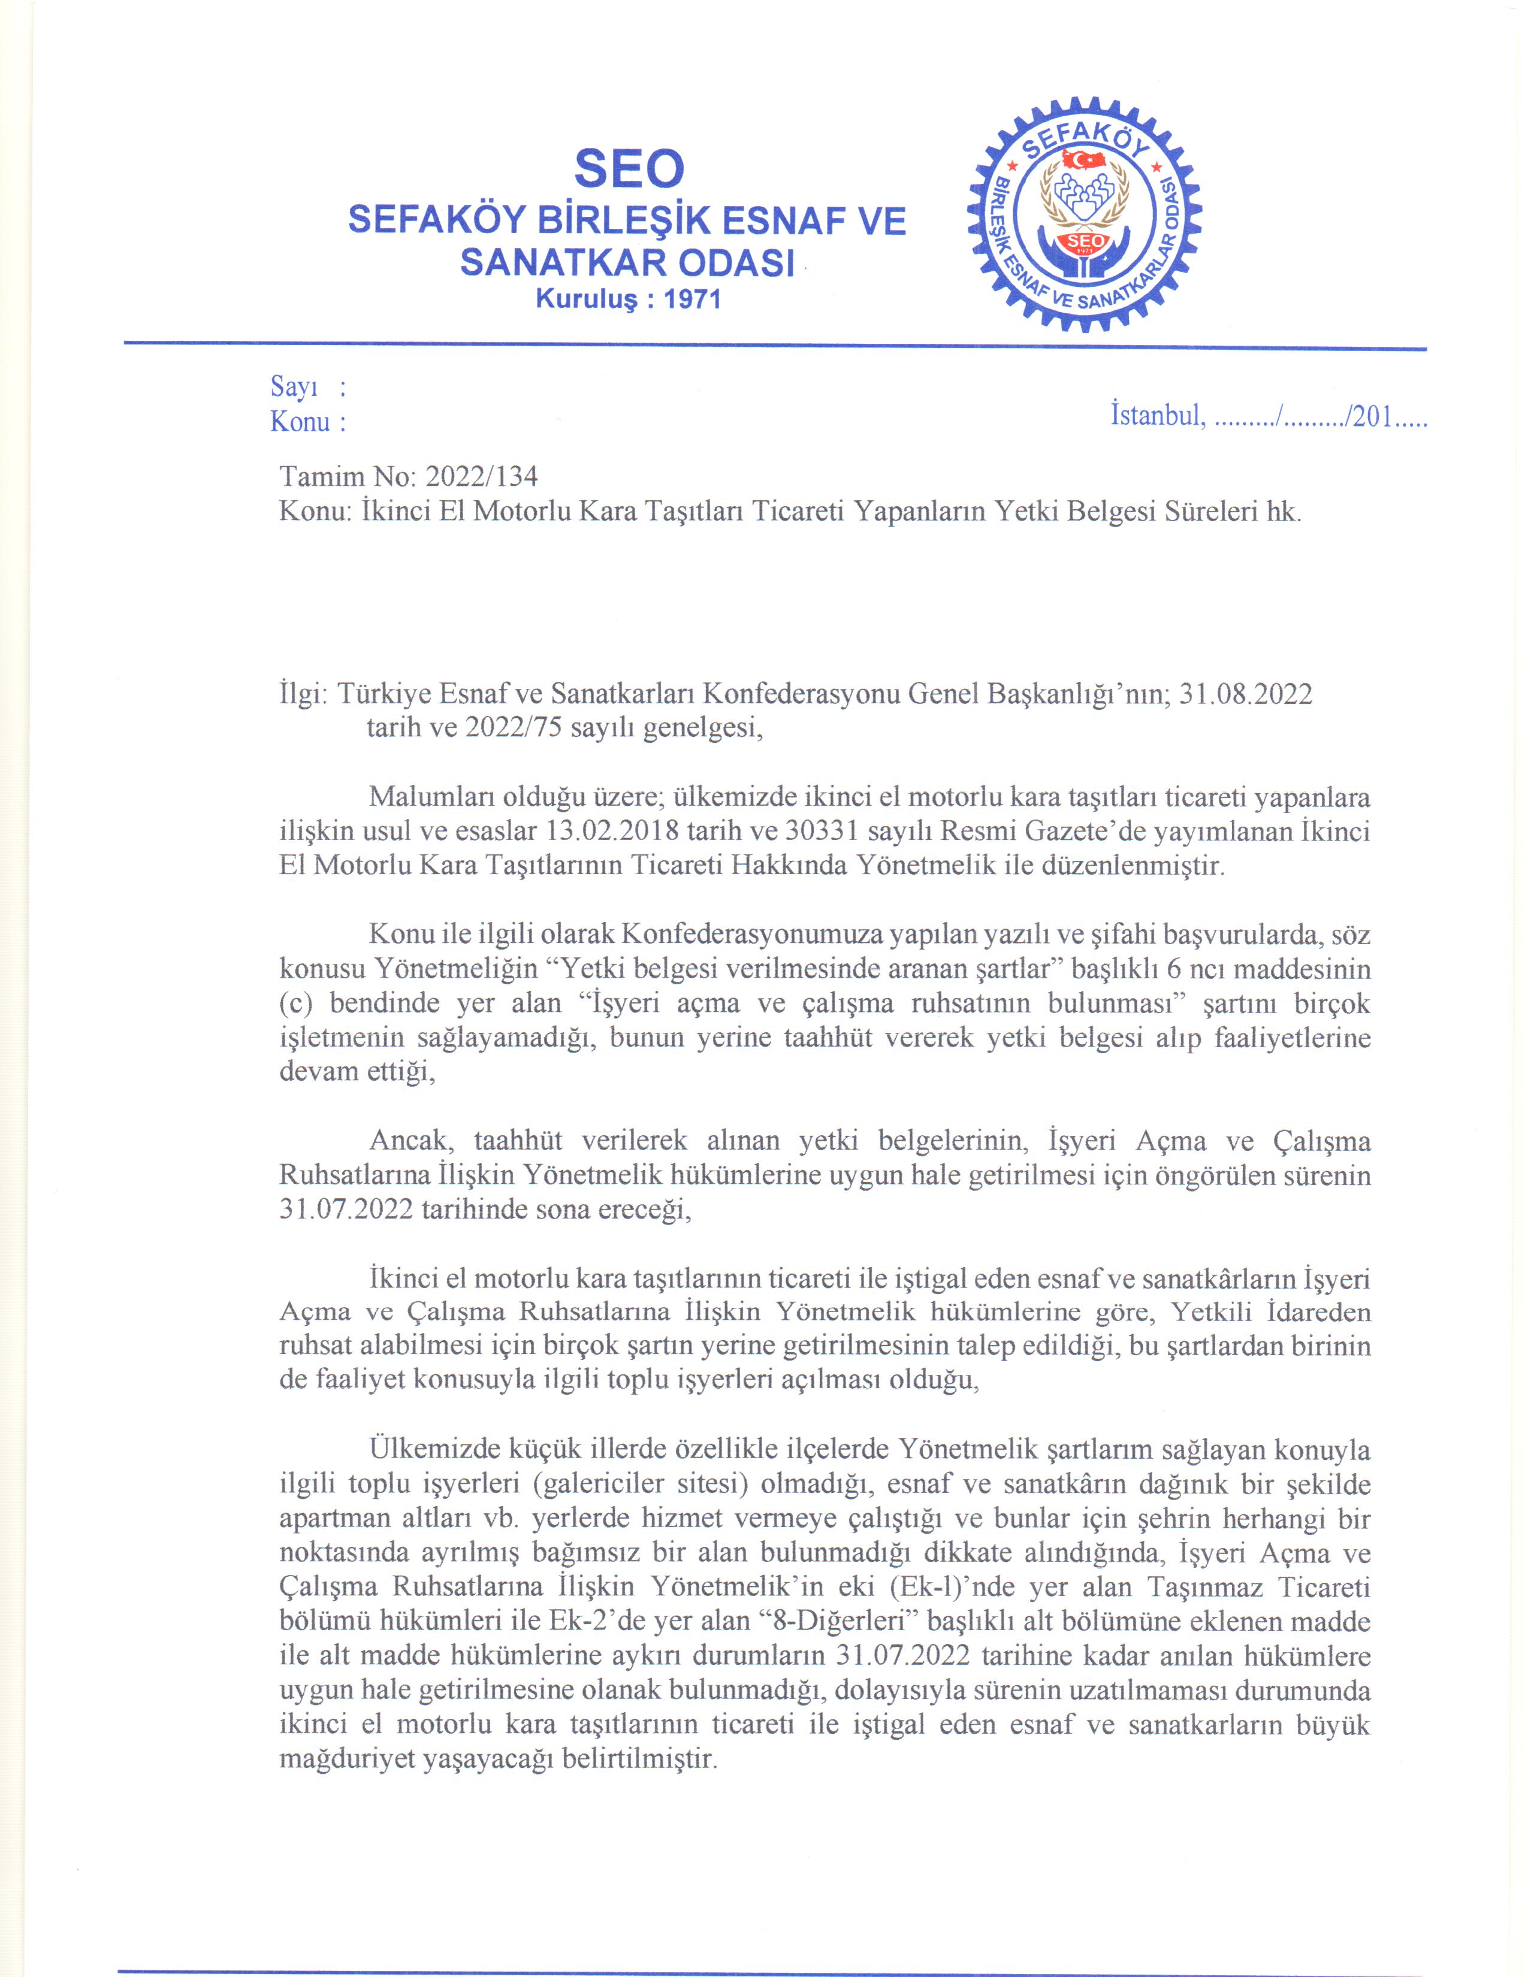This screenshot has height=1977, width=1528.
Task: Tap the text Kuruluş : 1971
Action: (628, 299)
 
